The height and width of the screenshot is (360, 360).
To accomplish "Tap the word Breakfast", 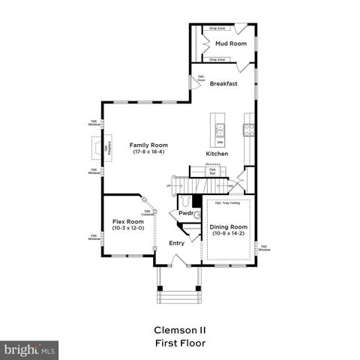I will (x=223, y=83).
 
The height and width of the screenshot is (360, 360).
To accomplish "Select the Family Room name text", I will (x=148, y=145).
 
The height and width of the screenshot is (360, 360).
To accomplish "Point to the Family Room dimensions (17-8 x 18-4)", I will (x=148, y=152).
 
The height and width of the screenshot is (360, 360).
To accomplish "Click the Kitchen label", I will (x=217, y=154).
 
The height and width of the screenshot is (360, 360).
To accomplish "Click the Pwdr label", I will (x=186, y=214).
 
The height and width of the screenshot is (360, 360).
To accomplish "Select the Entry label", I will (x=176, y=243).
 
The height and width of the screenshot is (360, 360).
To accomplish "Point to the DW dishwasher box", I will (x=220, y=141).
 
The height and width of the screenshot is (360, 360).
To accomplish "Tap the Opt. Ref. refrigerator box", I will (x=212, y=171).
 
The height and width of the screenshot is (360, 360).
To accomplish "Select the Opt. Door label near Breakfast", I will (x=201, y=77).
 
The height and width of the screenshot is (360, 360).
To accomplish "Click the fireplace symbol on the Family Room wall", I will (x=98, y=148).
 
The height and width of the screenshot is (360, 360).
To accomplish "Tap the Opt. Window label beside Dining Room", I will (x=264, y=247).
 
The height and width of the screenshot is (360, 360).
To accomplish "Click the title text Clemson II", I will (x=179, y=329).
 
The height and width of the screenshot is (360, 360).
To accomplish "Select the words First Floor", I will (x=179, y=343).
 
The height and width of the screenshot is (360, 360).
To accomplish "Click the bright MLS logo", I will (x=30, y=349).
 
